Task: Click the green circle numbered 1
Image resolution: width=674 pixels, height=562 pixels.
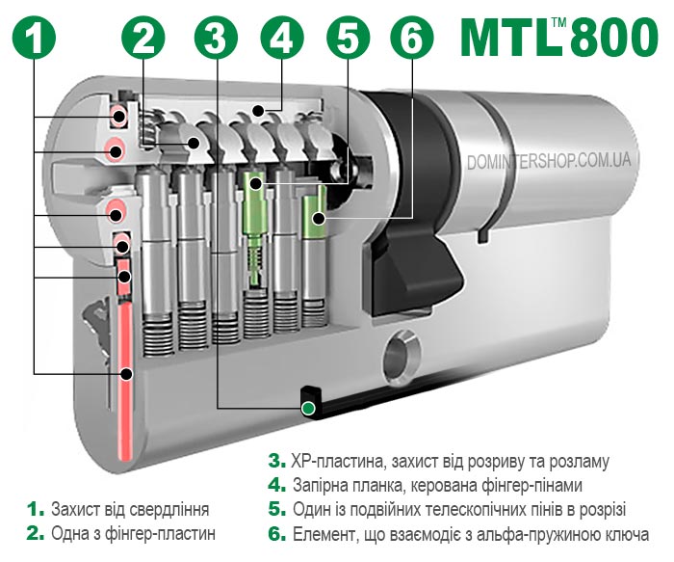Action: [35, 36]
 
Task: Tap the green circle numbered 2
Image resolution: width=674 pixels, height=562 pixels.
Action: [143, 36]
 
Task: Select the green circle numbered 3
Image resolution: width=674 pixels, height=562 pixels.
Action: [216, 36]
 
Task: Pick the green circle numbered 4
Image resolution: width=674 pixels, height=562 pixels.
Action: [281, 36]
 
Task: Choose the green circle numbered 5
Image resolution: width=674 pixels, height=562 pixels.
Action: [348, 36]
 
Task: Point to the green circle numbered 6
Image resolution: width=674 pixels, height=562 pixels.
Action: [412, 36]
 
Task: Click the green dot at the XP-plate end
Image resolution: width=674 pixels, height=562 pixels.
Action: [308, 408]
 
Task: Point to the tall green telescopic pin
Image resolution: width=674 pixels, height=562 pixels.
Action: [254, 228]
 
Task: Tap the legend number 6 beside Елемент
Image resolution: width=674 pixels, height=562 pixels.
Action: [277, 534]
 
